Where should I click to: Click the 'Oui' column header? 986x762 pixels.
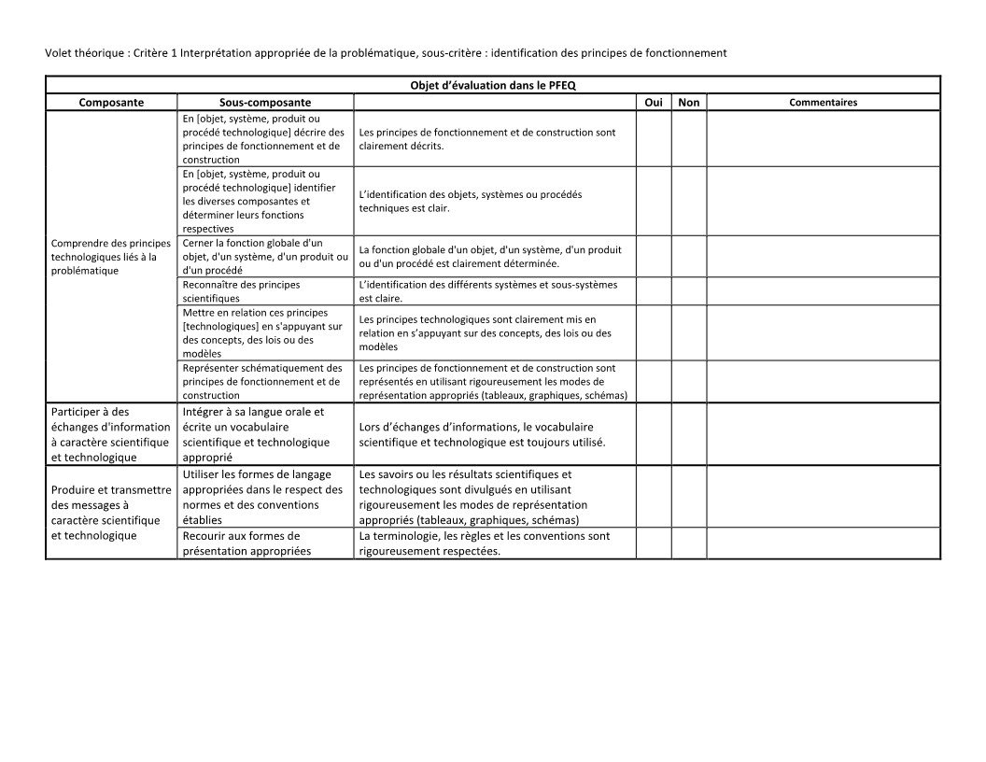pyautogui.click(x=654, y=103)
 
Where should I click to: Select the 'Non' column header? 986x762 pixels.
pyautogui.click(x=688, y=103)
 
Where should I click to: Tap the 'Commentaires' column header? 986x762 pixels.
pyautogui.click(x=823, y=103)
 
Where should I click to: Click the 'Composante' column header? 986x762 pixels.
pyautogui.click(x=111, y=103)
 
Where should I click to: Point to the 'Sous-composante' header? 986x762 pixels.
pyautogui.click(x=265, y=103)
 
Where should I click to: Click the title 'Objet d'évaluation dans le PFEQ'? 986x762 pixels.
pyautogui.click(x=493, y=85)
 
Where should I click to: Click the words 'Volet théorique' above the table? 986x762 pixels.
pyautogui.click(x=81, y=53)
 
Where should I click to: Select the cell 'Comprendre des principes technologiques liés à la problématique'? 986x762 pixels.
pyautogui.click(x=111, y=257)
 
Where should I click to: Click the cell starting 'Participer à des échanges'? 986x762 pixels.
pyautogui.click(x=111, y=434)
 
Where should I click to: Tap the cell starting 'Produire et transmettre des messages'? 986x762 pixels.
pyautogui.click(x=111, y=513)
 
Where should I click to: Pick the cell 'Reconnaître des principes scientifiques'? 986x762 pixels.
pyautogui.click(x=265, y=291)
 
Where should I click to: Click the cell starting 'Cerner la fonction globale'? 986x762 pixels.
pyautogui.click(x=265, y=257)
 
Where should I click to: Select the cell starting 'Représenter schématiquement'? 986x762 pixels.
pyautogui.click(x=265, y=382)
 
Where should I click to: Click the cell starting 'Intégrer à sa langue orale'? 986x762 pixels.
pyautogui.click(x=265, y=434)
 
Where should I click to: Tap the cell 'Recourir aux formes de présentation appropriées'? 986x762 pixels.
pyautogui.click(x=265, y=543)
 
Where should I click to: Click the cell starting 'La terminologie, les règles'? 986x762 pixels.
pyautogui.click(x=495, y=543)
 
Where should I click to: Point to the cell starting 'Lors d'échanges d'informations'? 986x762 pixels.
pyautogui.click(x=495, y=434)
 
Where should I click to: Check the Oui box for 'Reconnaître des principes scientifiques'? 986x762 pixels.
pyautogui.click(x=654, y=291)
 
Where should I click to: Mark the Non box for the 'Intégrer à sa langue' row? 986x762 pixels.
pyautogui.click(x=688, y=434)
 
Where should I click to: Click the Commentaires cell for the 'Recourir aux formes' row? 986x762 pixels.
pyautogui.click(x=823, y=543)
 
